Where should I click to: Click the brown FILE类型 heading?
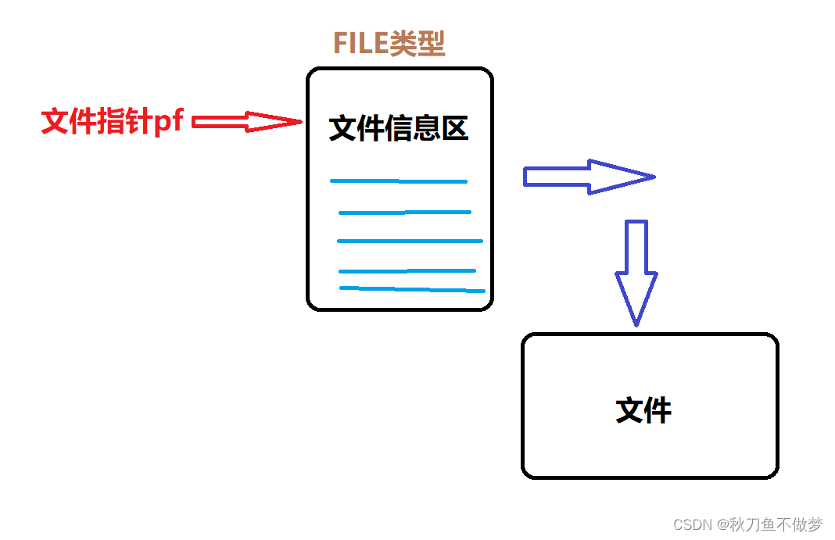389,44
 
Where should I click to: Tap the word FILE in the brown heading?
361,44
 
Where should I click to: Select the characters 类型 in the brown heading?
418,44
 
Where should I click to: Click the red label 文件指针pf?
112,122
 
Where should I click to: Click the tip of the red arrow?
299,121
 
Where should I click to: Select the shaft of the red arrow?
219,121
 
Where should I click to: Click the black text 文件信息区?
398,129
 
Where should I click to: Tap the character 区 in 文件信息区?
454,129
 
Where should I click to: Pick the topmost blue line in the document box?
398,181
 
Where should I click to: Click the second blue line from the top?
404,212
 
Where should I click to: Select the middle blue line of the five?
410,241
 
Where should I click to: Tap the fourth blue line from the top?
407,271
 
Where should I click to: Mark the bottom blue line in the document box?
412,289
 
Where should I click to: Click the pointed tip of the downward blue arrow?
636,323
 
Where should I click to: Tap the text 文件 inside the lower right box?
643,410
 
